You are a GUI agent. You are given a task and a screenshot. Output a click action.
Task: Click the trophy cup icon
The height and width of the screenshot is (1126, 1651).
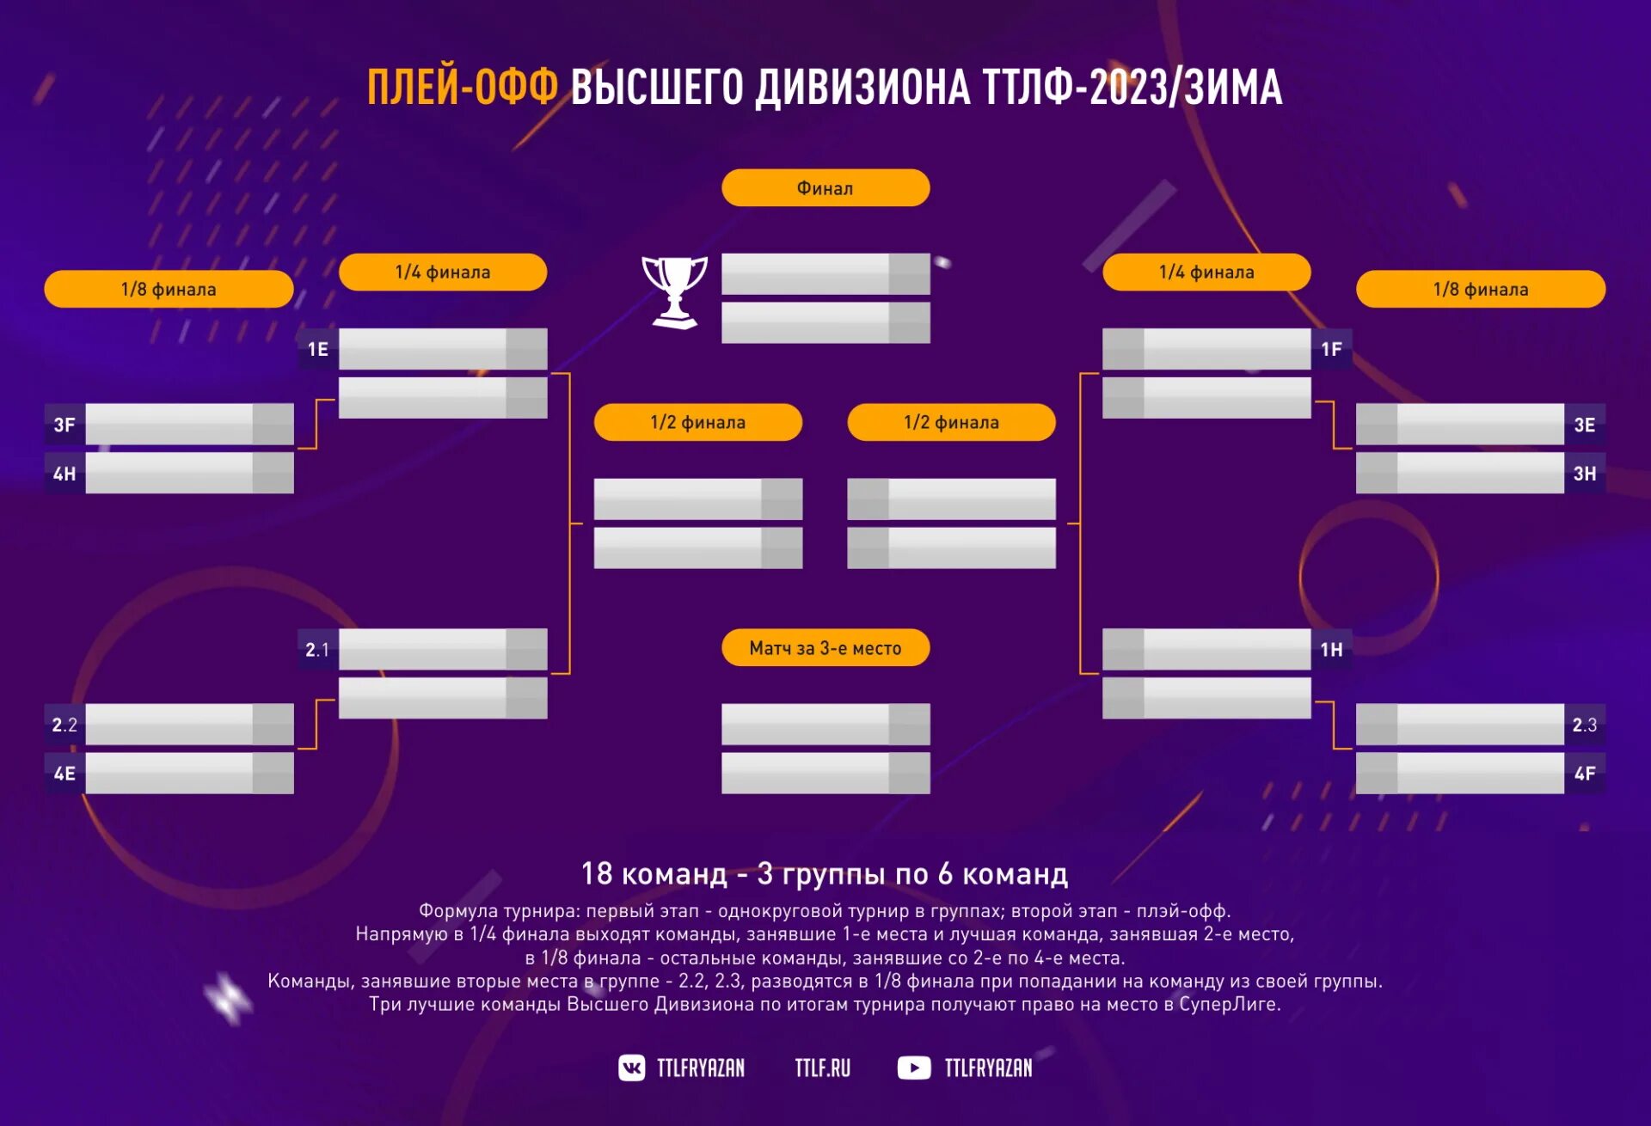[x=675, y=291]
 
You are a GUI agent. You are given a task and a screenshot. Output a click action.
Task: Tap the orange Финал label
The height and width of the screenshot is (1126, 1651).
[x=825, y=188]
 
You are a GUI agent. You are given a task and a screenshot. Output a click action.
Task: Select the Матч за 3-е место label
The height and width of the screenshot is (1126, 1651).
[x=825, y=648]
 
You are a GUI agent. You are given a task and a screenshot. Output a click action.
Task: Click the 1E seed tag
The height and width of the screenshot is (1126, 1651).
[x=318, y=349]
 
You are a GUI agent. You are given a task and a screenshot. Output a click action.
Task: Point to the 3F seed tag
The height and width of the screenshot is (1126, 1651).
[x=64, y=425]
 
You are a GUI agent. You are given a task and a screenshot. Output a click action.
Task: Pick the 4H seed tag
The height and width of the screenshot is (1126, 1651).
[x=64, y=474]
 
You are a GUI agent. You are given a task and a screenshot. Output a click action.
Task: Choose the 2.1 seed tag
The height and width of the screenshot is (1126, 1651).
[x=317, y=650]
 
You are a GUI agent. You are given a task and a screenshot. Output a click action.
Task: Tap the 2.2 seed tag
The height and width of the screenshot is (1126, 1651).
[x=64, y=725]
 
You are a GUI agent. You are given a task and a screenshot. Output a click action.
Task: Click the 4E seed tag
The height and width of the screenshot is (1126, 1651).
[x=64, y=774]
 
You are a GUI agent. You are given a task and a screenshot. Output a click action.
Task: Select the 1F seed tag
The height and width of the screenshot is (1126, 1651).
[x=1331, y=349]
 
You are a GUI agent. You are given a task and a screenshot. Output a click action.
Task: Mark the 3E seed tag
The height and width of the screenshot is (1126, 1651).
[x=1584, y=425]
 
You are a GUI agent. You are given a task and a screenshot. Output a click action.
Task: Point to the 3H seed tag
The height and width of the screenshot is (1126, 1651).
[x=1584, y=474]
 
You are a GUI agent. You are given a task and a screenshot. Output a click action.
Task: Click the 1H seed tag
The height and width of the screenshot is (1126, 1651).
[x=1331, y=650]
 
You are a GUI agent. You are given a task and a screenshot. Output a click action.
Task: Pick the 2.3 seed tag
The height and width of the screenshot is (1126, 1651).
[x=1584, y=725]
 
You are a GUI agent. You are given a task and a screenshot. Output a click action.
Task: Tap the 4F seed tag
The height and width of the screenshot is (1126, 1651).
[x=1584, y=774]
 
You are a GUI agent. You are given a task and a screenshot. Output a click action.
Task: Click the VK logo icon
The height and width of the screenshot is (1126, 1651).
[x=632, y=1068]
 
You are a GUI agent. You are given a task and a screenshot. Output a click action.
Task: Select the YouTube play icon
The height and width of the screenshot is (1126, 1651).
[x=913, y=1068]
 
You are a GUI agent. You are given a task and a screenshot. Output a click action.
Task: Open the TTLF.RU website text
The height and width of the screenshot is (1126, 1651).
[x=822, y=1068]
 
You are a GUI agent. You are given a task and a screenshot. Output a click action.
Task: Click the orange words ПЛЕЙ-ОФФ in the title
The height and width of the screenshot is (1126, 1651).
[x=463, y=88]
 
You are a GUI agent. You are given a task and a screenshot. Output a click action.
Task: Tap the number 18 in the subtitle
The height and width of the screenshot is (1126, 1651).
[x=597, y=874]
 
